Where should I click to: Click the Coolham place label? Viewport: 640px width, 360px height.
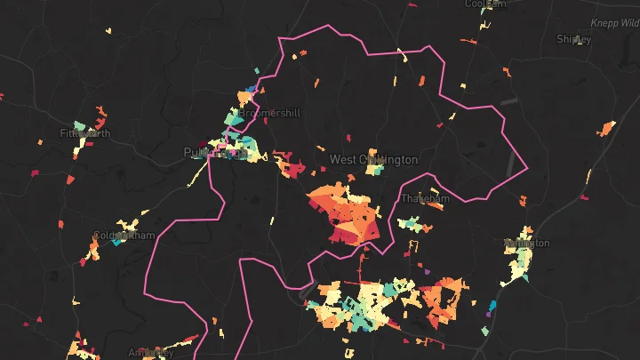pyautogui.click(x=485, y=4)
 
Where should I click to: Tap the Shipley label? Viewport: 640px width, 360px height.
pyautogui.click(x=573, y=39)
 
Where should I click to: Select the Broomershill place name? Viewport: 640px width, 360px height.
pyautogui.click(x=270, y=113)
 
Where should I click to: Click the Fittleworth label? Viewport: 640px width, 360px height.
pyautogui.click(x=85, y=133)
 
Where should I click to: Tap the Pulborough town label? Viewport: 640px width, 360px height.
pyautogui.click(x=214, y=152)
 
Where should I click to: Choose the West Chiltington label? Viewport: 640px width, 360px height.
pyautogui.click(x=373, y=160)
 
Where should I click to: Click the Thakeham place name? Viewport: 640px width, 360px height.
pyautogui.click(x=425, y=198)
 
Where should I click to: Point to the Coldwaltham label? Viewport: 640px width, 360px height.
pyautogui.click(x=123, y=236)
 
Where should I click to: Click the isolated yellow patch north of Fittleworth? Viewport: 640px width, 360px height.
pyautogui.click(x=108, y=32)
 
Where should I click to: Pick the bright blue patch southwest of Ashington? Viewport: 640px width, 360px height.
pyautogui.click(x=492, y=307)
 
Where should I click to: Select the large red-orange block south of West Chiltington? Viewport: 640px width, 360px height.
pyautogui.click(x=349, y=218)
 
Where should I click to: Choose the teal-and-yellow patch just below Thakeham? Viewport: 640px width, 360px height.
pyautogui.click(x=414, y=225)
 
